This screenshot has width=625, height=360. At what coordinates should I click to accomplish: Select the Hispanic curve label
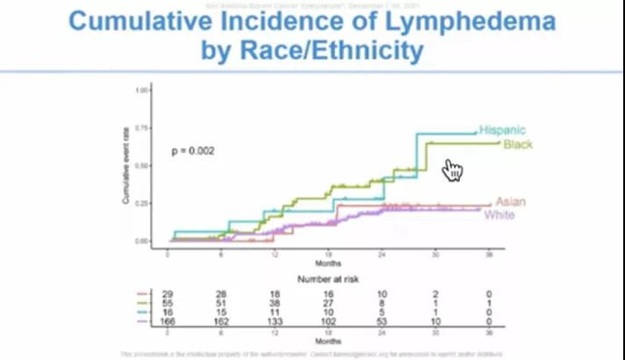pos(502,130)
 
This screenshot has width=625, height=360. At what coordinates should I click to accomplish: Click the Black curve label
pos(518,143)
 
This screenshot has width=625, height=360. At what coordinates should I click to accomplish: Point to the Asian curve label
pos(511,202)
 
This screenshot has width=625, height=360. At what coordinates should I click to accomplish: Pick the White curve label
pos(499,215)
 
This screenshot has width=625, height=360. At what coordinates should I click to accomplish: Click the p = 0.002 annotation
pos(192,151)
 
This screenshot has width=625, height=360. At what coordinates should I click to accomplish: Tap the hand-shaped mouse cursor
pos(452,169)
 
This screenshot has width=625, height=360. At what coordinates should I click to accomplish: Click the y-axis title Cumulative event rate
pos(126,164)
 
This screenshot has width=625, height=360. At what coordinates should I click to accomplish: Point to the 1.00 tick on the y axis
pos(141,90)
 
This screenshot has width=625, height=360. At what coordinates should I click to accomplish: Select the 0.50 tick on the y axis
pos(141,165)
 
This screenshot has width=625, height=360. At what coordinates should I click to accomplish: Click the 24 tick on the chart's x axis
pos(382,252)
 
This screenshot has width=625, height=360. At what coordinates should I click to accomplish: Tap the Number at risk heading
pos(328,278)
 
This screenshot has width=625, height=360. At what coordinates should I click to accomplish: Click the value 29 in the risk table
pos(168,292)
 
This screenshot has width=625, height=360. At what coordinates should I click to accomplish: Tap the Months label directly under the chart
pos(328,261)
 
